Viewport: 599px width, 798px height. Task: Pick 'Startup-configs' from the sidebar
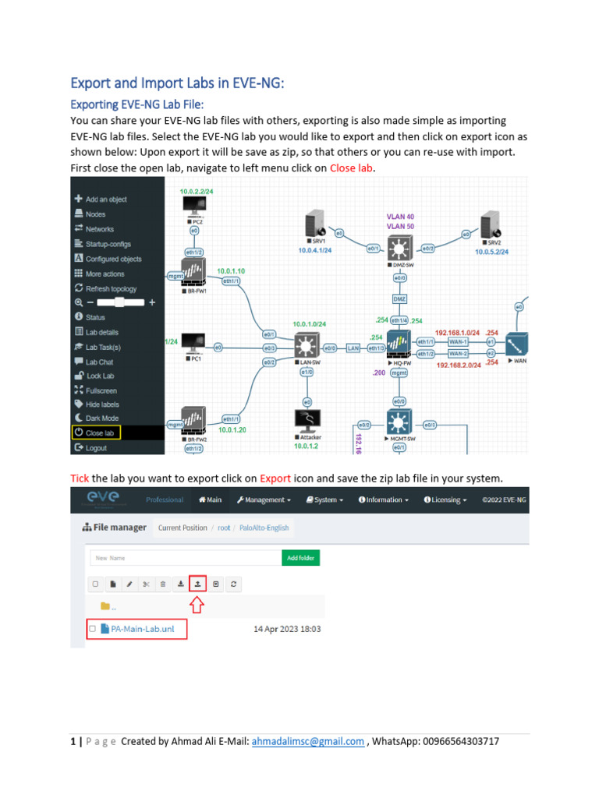109,244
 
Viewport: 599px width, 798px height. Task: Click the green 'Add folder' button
300,558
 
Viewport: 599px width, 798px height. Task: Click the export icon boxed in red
197,583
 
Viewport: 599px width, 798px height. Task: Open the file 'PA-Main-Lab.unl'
142,628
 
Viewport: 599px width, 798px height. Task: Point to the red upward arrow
197,604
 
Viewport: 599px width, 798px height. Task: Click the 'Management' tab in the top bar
264,500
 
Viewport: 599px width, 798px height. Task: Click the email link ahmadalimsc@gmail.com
307,742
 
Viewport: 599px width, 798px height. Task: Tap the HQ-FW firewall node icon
399,345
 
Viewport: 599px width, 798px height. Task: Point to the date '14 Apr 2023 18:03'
287,629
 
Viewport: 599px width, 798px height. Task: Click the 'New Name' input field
183,558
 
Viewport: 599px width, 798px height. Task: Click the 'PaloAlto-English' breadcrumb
264,528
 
